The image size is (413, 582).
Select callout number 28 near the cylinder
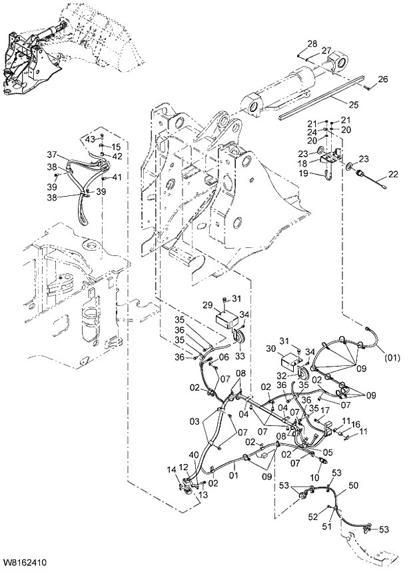(312, 44)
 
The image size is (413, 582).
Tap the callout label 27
(326, 51)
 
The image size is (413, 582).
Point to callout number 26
(382, 80)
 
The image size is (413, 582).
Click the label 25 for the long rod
(353, 104)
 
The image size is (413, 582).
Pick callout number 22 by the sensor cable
(393, 175)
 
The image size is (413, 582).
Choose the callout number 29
(207, 305)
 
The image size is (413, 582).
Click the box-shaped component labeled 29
(229, 317)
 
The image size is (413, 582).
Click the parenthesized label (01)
(392, 357)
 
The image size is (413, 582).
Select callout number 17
(326, 410)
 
